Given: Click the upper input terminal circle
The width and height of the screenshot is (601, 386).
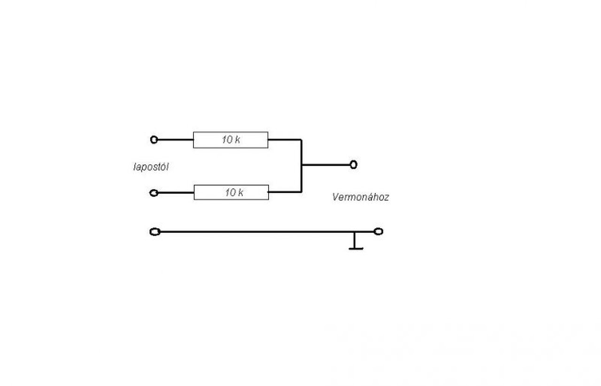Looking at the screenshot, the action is coord(154,139).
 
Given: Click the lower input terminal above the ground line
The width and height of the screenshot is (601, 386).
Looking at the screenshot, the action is coord(154,193).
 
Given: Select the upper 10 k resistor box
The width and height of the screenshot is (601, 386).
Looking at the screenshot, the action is coord(231,140).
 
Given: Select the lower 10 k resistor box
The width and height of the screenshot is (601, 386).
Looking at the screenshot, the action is coord(231,193).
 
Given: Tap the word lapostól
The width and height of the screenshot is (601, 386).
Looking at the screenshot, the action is coord(151,167).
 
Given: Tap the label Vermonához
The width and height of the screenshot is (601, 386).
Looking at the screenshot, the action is coord(360,197).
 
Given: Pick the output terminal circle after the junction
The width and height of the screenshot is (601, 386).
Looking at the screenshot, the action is coord(353,164).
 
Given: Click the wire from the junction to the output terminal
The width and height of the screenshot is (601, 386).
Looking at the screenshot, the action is coord(326,165).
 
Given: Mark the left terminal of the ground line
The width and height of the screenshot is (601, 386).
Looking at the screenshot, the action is coord(154,232).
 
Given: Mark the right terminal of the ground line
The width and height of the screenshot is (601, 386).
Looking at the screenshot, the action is coord(378,231).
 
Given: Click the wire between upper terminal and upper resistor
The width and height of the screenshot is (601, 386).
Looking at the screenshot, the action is coord(175,139).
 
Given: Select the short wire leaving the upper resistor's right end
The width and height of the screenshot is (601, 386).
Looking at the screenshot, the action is coord(285,139).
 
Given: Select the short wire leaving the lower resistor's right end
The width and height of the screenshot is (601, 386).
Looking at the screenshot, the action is coord(285,192).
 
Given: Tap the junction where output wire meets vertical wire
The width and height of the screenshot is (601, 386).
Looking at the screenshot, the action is coord(301,165).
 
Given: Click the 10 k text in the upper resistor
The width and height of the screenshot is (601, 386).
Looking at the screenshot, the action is coord(231,140).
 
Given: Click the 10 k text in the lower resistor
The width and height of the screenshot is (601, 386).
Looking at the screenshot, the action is coord(234,193).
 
